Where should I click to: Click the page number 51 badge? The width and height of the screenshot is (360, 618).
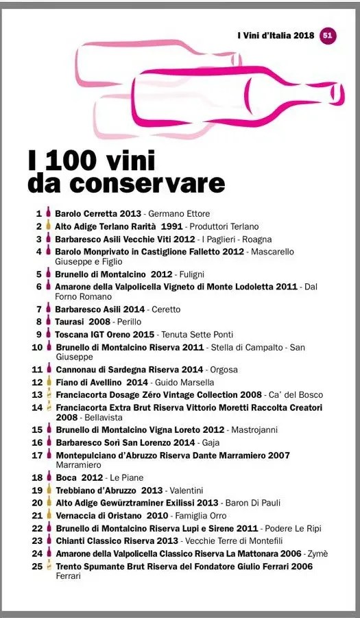328,35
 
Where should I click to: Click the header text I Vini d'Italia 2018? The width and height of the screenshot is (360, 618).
276,36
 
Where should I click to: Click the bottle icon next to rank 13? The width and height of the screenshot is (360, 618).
48,395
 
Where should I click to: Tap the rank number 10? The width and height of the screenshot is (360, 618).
38,347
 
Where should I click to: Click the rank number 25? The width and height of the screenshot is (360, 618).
38,567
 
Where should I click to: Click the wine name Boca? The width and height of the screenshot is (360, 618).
66,477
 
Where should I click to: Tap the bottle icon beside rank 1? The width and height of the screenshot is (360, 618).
48,213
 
